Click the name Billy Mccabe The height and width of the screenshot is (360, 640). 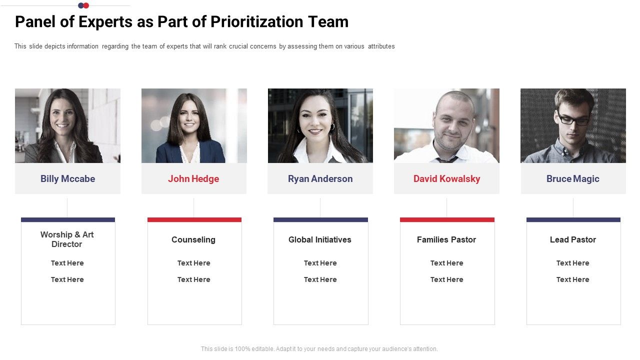(67, 179)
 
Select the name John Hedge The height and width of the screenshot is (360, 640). (193, 179)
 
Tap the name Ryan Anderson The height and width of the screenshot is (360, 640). (320, 179)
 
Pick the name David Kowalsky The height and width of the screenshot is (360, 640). (446, 179)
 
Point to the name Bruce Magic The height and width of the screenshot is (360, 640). (572, 179)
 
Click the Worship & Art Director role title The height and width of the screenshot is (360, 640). (67, 239)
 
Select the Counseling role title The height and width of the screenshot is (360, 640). (193, 240)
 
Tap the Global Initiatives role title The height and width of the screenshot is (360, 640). (320, 240)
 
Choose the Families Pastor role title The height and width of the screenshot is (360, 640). (446, 240)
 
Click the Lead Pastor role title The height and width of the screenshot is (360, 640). (572, 240)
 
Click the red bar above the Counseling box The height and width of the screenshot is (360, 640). (194, 219)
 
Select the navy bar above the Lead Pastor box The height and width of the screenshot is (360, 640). (573, 219)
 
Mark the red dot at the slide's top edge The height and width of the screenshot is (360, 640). (86, 5)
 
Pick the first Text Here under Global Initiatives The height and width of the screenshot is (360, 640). (320, 263)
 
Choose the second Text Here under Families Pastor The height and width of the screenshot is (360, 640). (446, 279)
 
